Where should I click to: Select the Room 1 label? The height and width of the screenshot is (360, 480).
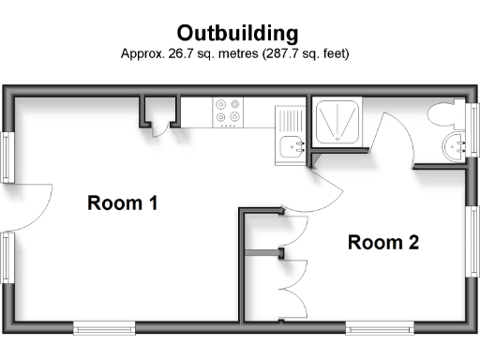(122, 202)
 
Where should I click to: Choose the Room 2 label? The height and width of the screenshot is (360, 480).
(382, 243)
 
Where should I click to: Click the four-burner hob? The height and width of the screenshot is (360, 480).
(227, 113)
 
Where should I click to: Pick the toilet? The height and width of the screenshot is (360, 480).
(443, 116)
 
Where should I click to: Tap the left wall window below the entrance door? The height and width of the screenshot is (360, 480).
(7, 260)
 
